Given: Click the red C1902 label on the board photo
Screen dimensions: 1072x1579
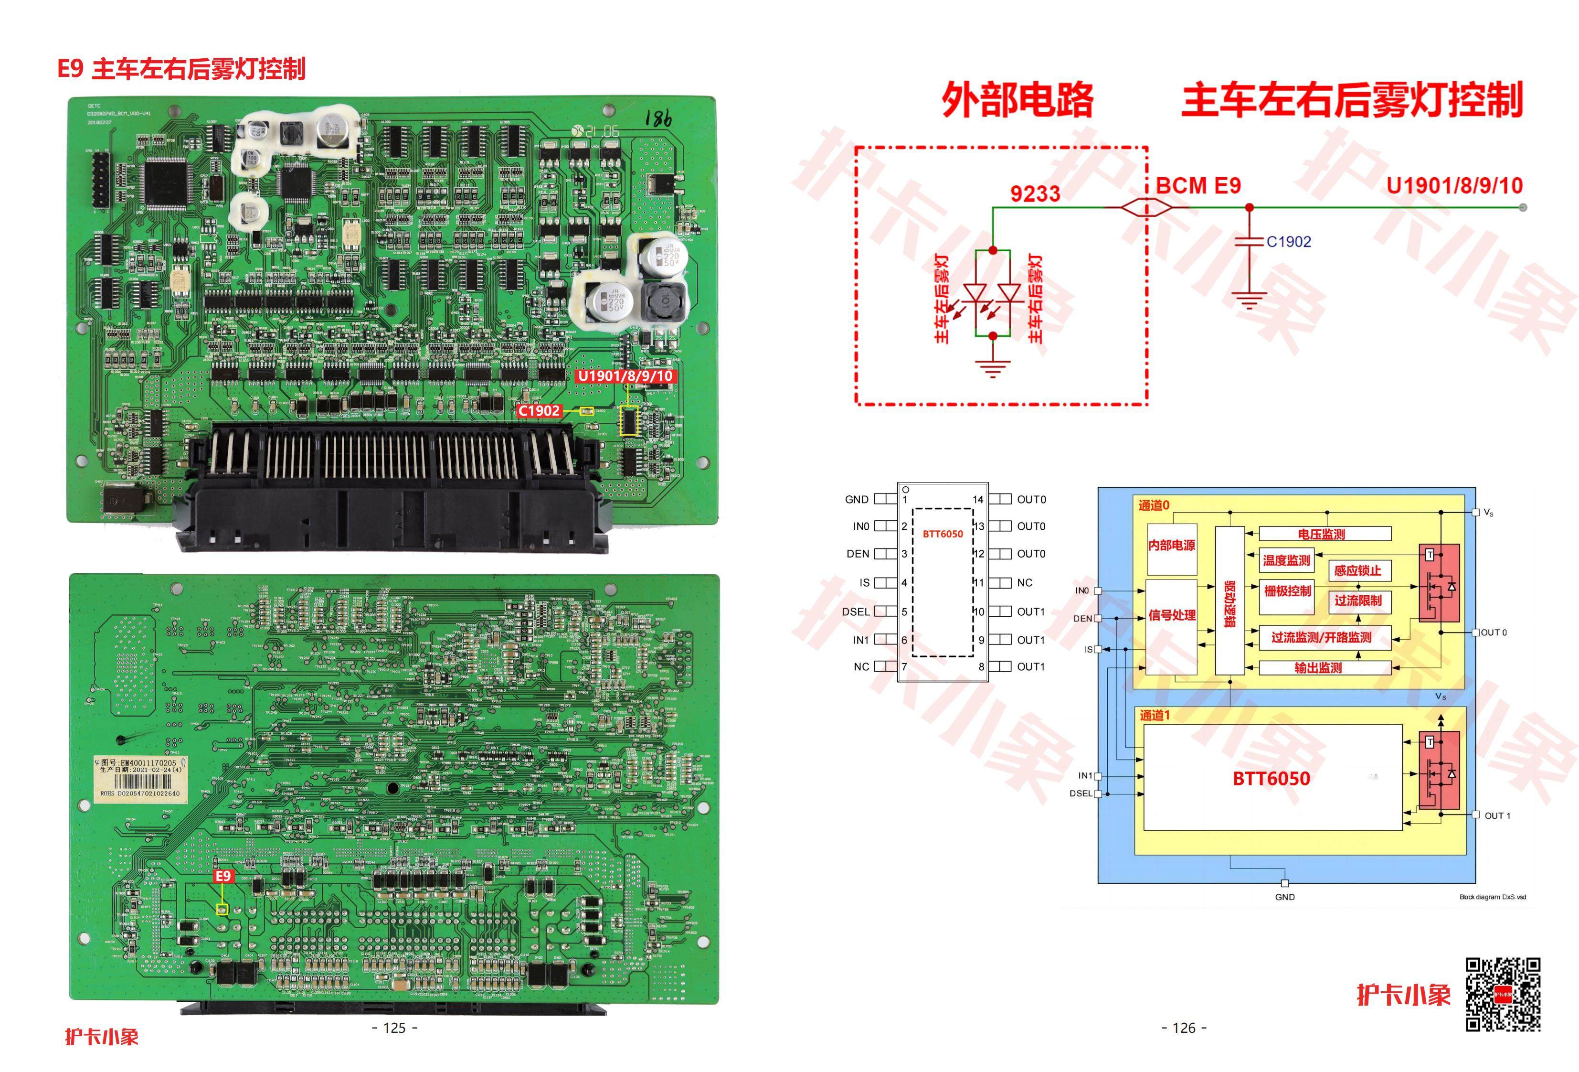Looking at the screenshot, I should [540, 410].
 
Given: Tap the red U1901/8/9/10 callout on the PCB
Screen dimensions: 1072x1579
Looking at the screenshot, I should [625, 376].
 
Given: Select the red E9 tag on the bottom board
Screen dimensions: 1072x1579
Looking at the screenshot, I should [223, 876].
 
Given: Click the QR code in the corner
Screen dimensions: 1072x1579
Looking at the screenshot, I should [1503, 995].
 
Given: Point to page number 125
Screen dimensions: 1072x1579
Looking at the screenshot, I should [395, 1028].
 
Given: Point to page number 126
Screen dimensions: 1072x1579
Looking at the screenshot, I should [1184, 1028].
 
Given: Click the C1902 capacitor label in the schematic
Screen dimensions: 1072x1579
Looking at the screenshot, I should [1289, 241].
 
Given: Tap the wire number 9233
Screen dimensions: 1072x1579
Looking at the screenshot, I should [1035, 194].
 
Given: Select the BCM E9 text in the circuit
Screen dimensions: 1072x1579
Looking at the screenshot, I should [1198, 185].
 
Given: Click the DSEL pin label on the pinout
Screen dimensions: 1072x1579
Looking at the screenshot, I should [856, 612].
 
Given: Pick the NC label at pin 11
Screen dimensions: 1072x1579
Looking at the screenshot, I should [1025, 582].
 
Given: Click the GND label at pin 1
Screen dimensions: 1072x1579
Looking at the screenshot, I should [857, 500].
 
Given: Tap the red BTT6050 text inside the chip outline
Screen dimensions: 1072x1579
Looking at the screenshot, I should [943, 534].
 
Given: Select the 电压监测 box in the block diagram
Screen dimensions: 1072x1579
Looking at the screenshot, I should [1321, 534].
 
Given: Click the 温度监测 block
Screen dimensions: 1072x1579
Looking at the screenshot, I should [1286, 561].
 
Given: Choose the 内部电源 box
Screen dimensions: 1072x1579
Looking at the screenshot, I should [1171, 545].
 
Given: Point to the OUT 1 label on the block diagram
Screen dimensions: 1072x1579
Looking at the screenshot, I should [1497, 816].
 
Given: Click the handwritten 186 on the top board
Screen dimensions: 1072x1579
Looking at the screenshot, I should [657, 118].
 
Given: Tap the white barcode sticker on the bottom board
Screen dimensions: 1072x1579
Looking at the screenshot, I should [140, 778].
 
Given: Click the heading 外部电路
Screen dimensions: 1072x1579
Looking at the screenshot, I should [1017, 100].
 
